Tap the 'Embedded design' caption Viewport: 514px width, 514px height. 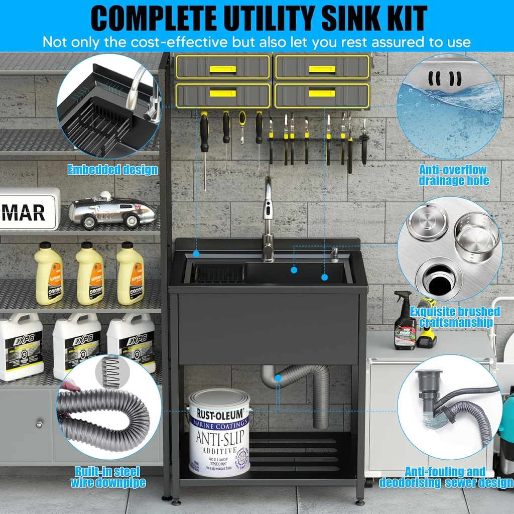112,170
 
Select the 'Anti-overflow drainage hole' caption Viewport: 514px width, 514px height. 454,175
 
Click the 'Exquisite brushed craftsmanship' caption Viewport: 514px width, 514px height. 455,317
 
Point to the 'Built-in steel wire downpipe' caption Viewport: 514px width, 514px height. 107,477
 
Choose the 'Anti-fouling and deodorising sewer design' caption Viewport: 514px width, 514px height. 446,477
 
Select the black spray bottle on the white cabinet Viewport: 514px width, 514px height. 405,321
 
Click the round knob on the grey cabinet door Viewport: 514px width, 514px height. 39,425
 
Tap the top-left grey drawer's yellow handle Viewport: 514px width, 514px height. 222,69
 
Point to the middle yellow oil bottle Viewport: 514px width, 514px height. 90,273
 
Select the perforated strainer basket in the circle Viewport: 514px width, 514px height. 477,236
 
